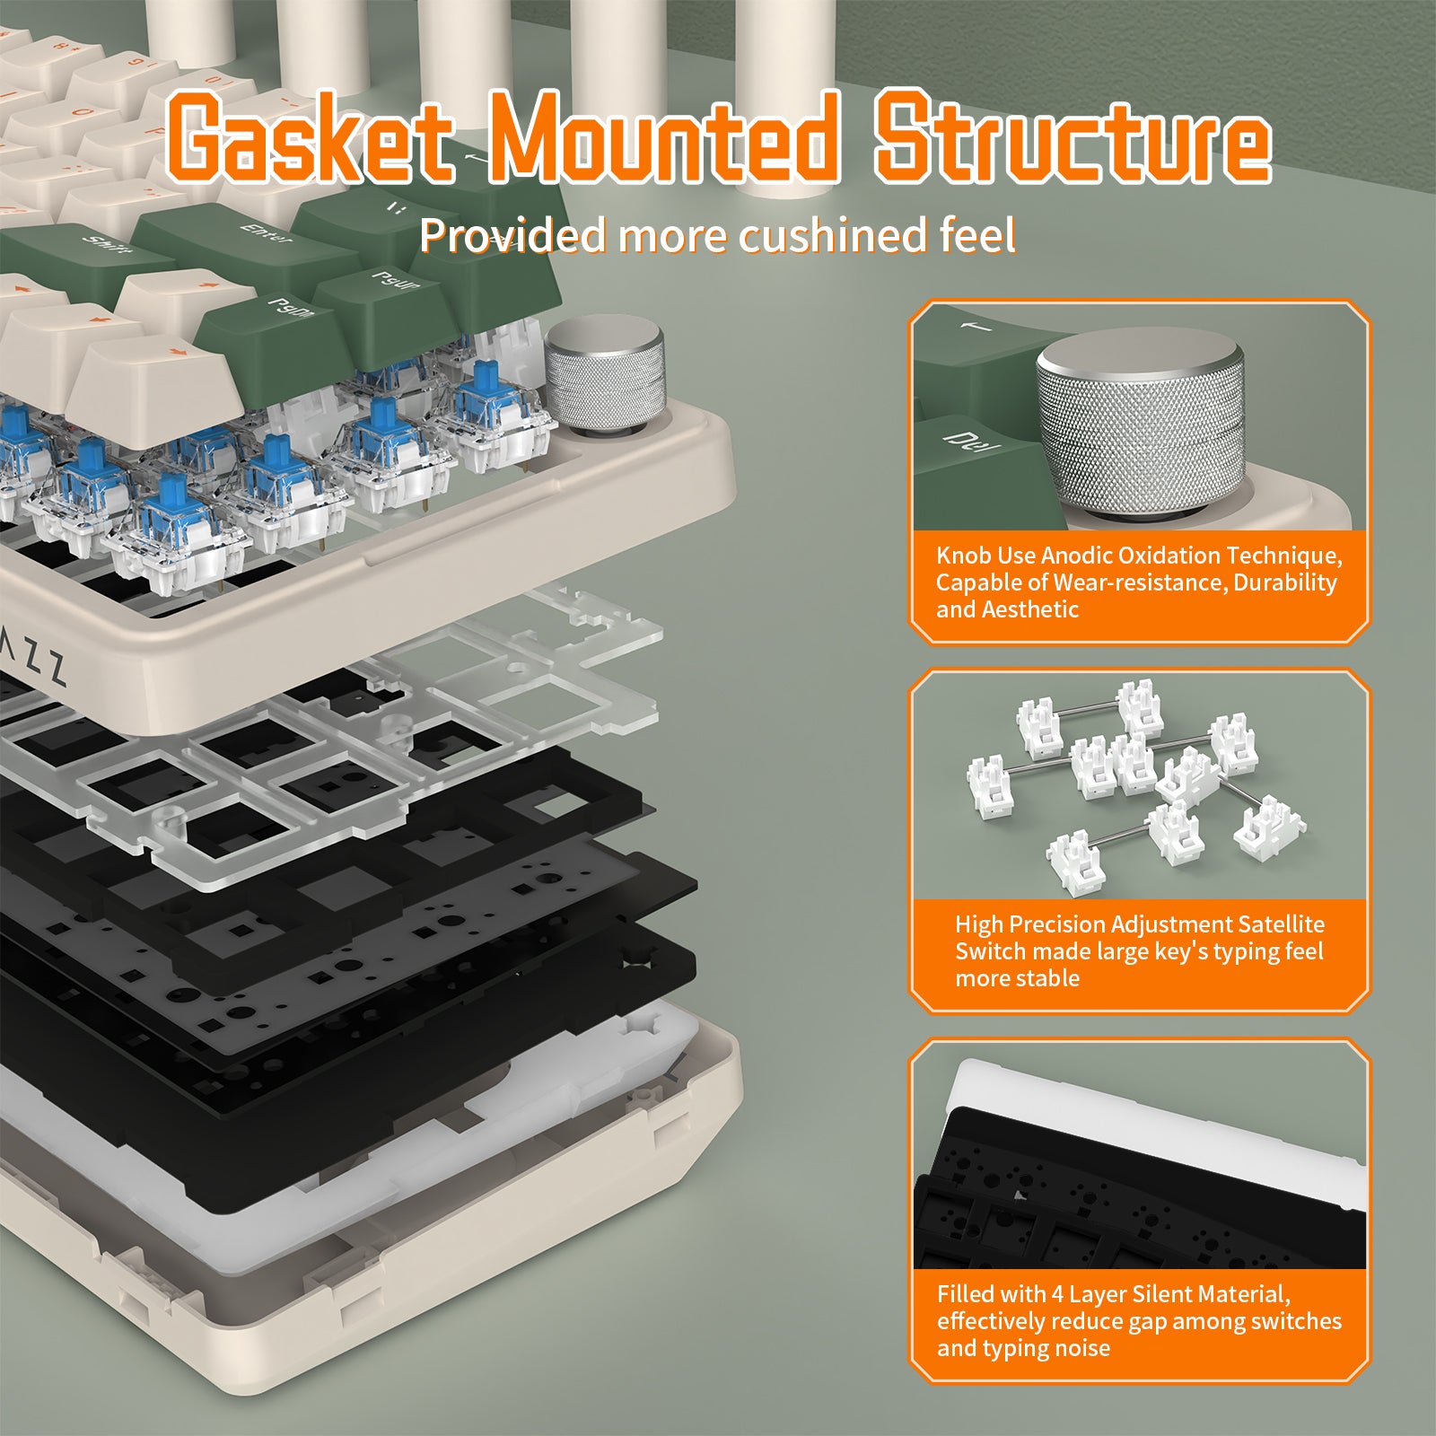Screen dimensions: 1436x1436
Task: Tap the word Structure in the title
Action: click(1073, 136)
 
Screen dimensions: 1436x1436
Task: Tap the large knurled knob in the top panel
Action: click(1140, 422)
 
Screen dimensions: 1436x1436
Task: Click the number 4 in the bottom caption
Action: click(1057, 1294)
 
